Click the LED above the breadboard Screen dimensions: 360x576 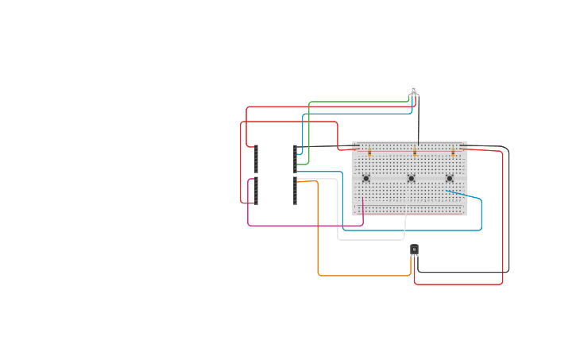click(414, 90)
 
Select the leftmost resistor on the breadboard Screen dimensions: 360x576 click(369, 150)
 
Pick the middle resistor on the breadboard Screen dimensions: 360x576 click(414, 150)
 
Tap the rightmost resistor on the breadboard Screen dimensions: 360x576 click(453, 150)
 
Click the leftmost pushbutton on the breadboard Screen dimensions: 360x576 click(365, 178)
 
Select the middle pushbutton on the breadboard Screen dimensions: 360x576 click(411, 178)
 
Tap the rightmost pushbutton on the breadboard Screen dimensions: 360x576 click(449, 178)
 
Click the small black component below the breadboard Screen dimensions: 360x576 click(414, 250)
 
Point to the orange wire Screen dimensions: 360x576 click(319, 238)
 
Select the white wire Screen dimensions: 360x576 click(338, 215)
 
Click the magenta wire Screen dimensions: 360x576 click(302, 226)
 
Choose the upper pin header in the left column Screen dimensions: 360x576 click(256, 159)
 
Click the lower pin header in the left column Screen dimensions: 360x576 click(256, 191)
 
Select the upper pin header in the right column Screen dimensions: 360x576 click(295, 159)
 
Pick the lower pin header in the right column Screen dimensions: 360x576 click(295, 192)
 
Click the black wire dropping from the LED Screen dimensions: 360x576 click(419, 119)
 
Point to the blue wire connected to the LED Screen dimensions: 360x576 click(358, 114)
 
